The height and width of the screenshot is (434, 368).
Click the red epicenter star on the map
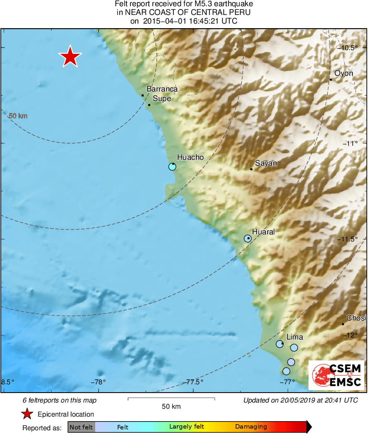coord(70,56)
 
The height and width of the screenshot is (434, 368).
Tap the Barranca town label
coord(162,89)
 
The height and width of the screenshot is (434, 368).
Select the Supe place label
coord(162,99)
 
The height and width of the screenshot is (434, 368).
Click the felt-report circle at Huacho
coord(172,166)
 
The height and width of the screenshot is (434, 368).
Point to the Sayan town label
coord(266,163)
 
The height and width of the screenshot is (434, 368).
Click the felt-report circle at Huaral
coord(248,238)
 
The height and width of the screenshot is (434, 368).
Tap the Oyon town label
coord(344,73)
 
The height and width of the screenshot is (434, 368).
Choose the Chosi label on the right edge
coord(356,318)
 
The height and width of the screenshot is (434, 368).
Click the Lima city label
coord(295,338)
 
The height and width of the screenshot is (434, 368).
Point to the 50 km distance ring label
coord(18,116)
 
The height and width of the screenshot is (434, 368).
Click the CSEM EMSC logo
coord(337,375)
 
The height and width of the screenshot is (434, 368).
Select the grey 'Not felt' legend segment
coord(81,427)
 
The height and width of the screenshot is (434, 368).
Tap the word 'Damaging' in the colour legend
coord(251,427)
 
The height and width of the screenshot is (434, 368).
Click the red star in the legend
coord(27,414)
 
